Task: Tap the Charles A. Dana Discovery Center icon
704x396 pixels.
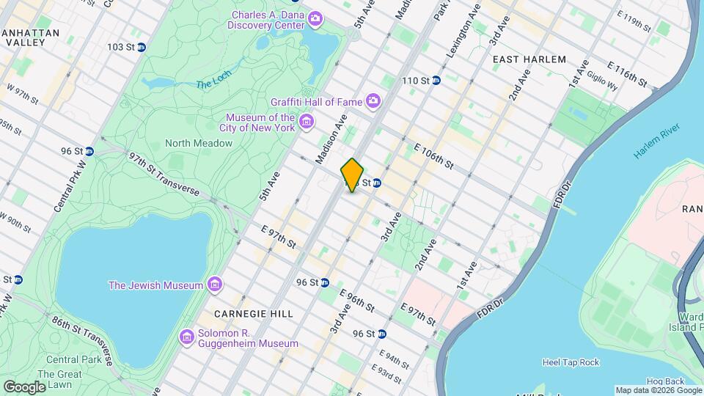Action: [x=315, y=18]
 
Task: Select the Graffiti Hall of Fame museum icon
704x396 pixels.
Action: [x=373, y=100]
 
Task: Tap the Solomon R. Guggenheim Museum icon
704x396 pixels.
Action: [x=187, y=336]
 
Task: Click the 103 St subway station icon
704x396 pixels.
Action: [x=141, y=47]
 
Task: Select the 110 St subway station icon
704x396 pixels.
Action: [x=436, y=80]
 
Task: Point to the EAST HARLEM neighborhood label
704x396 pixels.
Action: [x=529, y=59]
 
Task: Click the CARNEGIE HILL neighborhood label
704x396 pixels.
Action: [x=243, y=313]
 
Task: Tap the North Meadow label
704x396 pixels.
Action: [x=198, y=143]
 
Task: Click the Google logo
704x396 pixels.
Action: [x=24, y=386]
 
